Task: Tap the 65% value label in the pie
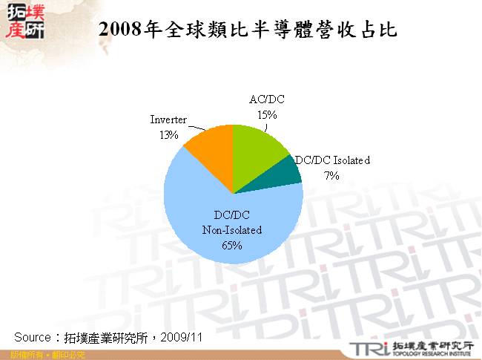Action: (x=232, y=246)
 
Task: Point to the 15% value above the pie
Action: (x=267, y=114)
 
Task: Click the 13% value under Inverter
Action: (x=168, y=134)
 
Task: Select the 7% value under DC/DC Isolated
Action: (x=331, y=176)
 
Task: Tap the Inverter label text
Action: (x=168, y=120)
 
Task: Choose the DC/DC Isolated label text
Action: (x=332, y=160)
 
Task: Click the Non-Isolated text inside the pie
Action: (x=232, y=230)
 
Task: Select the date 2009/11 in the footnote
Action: (x=182, y=337)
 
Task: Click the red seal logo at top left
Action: (x=24, y=20)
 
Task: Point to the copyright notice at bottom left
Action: (x=43, y=355)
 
